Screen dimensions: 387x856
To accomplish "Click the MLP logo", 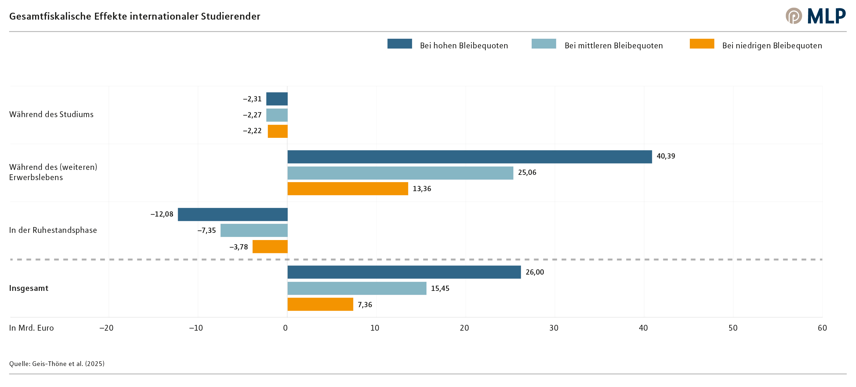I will (815, 16).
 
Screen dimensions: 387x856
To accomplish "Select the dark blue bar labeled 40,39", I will (469, 157).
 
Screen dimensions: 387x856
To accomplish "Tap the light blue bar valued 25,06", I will (400, 173).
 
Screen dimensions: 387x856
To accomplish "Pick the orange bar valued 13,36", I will (348, 188).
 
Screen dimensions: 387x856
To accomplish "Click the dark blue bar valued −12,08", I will (233, 214).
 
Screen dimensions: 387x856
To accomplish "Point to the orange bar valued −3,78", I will (270, 247).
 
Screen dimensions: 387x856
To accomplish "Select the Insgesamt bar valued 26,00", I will (404, 272).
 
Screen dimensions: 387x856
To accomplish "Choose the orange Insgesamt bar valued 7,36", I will (320, 304).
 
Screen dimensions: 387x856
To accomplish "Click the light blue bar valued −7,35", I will (254, 230).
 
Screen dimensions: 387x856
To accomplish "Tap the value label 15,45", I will (440, 288).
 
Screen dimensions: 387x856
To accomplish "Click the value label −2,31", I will (252, 99).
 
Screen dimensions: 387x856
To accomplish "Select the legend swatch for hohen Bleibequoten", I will (399, 44).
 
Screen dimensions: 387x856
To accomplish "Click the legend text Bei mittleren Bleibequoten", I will (613, 46).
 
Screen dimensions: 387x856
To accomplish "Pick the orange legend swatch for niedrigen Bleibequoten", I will (701, 44).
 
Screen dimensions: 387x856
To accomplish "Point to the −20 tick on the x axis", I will (106, 328).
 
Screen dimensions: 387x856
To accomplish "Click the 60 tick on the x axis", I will (822, 328).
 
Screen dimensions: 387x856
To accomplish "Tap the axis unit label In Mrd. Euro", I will (31, 328).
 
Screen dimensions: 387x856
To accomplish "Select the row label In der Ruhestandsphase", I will (53, 230).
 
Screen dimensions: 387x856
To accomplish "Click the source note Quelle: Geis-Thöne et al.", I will (57, 364).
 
